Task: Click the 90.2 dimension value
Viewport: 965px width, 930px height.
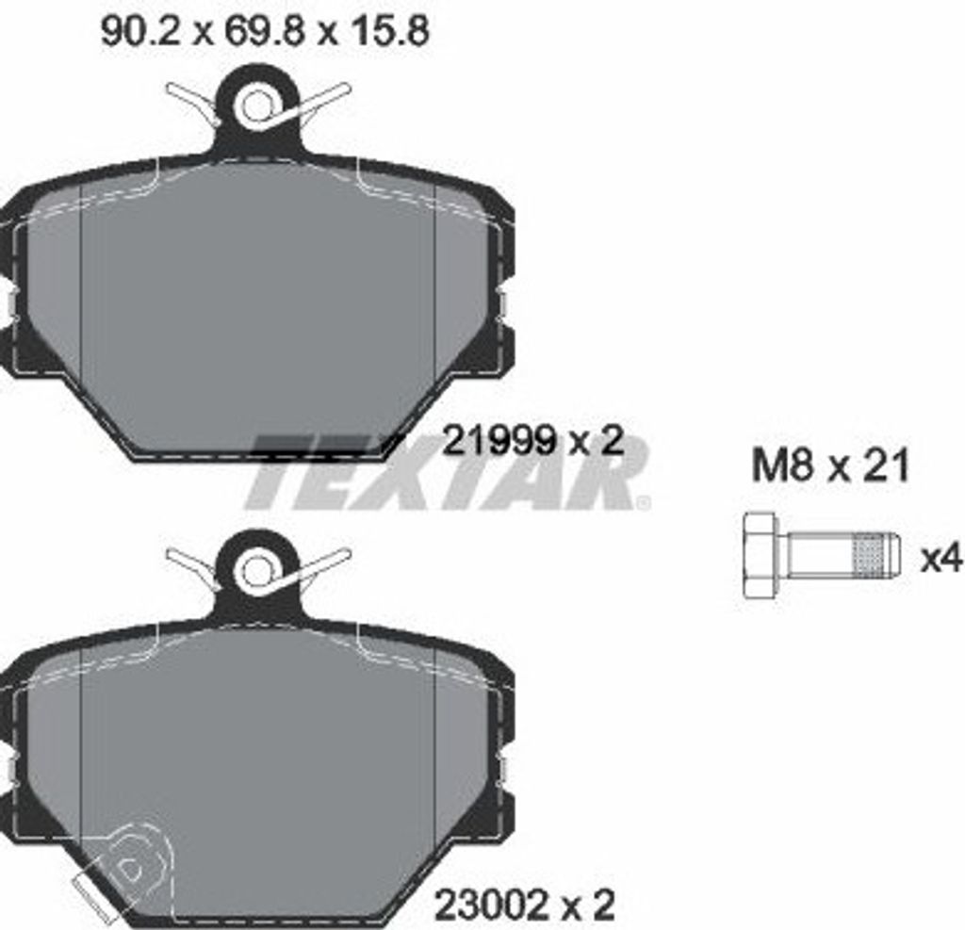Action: pos(141,31)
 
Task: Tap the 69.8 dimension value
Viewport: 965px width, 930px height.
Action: pos(264,31)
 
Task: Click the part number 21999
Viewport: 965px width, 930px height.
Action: pos(499,441)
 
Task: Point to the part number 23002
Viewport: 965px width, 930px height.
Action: pos(492,904)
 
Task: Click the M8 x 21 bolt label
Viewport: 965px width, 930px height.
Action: pos(830,465)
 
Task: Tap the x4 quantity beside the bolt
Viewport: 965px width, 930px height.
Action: pos(941,560)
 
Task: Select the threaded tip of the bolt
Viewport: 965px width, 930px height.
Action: pos(875,556)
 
